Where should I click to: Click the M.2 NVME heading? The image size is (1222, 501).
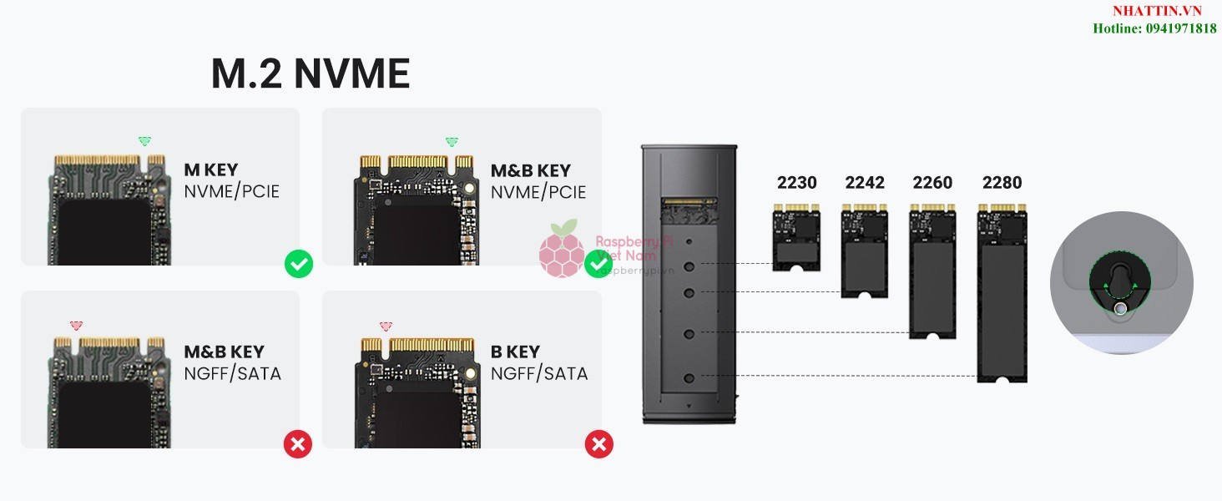pyautogui.click(x=311, y=74)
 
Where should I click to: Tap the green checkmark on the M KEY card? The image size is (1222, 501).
pyautogui.click(x=299, y=264)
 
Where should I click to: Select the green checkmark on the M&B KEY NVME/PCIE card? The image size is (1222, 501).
pyautogui.click(x=598, y=264)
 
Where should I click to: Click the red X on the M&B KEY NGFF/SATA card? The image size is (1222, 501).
pyautogui.click(x=298, y=444)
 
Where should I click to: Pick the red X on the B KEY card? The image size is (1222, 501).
pyautogui.click(x=598, y=444)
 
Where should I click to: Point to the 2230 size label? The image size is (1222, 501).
pyautogui.click(x=796, y=183)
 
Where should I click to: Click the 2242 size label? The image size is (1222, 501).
pyautogui.click(x=865, y=183)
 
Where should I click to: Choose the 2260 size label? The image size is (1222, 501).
pyautogui.click(x=932, y=183)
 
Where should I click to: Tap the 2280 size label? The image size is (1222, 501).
pyautogui.click(x=1002, y=183)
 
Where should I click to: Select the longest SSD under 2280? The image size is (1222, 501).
pyautogui.click(x=1002, y=296)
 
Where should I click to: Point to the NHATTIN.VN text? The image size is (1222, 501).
pyautogui.click(x=1156, y=11)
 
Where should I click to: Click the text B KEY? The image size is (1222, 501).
pyautogui.click(x=515, y=352)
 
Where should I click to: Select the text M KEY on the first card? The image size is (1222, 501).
pyautogui.click(x=210, y=170)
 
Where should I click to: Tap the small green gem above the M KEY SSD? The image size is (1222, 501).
pyautogui.click(x=144, y=141)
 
